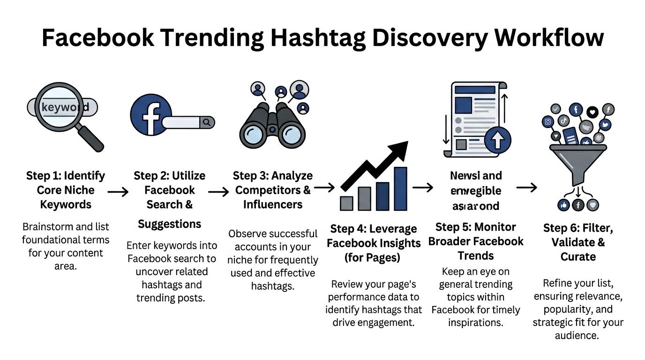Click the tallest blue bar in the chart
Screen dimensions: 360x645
click(x=400, y=188)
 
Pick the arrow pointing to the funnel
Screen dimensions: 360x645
click(x=526, y=188)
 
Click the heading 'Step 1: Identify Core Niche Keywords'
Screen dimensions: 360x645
click(x=66, y=190)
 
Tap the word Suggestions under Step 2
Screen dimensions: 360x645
click(x=170, y=224)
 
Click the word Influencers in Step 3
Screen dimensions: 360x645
click(x=273, y=204)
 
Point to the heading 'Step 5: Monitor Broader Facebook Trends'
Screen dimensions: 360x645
click(x=476, y=241)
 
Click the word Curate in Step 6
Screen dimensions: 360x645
click(x=578, y=256)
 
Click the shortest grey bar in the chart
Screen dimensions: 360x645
click(x=346, y=203)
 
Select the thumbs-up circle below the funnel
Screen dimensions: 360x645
click(x=563, y=204)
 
